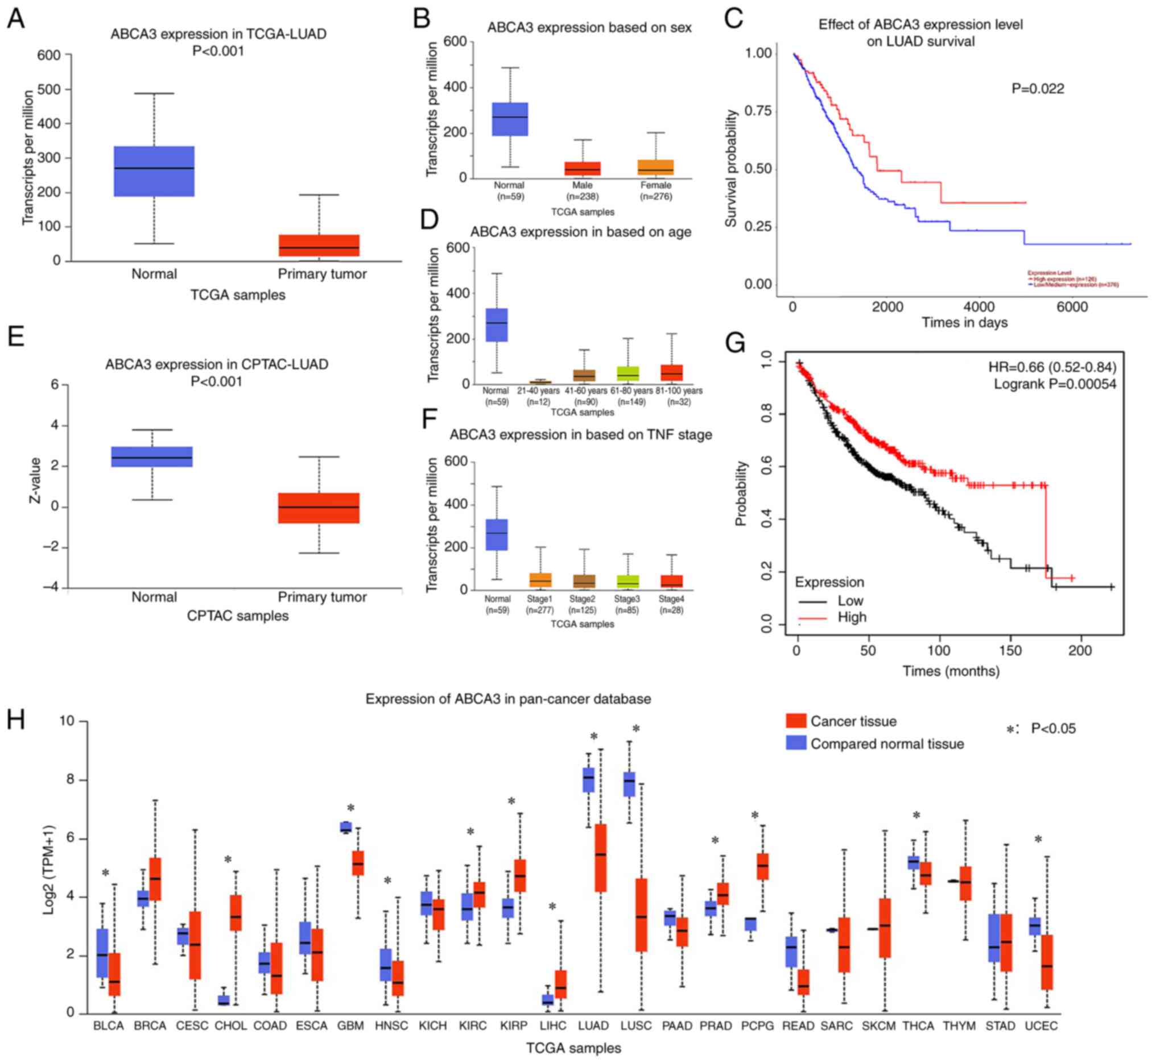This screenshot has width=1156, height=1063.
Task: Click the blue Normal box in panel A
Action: click(x=154, y=172)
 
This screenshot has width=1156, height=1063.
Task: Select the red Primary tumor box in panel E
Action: click(x=319, y=508)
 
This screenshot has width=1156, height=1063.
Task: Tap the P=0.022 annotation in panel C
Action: click(x=1038, y=89)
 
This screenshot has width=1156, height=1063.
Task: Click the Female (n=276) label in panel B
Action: click(x=656, y=191)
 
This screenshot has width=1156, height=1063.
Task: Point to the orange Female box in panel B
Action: click(x=656, y=167)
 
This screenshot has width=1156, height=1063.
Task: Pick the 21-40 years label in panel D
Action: click(x=538, y=391)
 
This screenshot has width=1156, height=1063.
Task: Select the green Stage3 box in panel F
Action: click(x=627, y=581)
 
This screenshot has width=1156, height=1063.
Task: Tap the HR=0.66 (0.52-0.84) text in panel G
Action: click(x=1052, y=367)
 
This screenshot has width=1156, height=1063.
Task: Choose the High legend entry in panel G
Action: click(x=852, y=617)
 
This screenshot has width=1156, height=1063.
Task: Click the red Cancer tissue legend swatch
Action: click(x=796, y=721)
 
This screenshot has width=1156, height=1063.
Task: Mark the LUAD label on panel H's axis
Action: click(x=593, y=1025)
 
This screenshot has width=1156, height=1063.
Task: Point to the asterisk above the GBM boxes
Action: click(x=350, y=808)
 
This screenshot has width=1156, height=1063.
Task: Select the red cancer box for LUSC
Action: click(x=641, y=915)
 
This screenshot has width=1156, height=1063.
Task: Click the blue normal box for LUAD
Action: click(x=588, y=779)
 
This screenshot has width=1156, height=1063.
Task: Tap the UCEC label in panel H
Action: click(x=1041, y=1025)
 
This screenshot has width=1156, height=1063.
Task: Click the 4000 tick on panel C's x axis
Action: click(x=979, y=307)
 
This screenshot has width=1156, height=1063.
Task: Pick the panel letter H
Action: click(x=15, y=720)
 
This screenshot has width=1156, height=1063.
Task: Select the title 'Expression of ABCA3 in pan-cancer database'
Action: click(x=508, y=699)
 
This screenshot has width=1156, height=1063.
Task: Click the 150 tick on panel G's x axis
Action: click(x=1010, y=650)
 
